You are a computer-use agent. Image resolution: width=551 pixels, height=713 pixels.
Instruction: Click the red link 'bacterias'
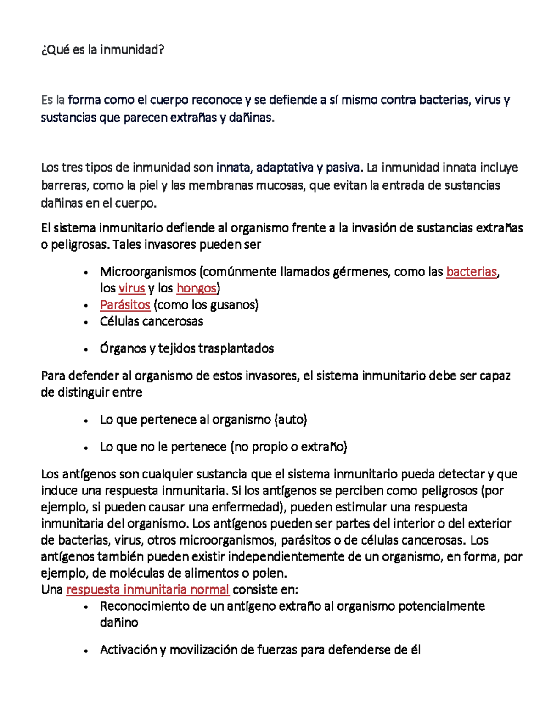point(472,272)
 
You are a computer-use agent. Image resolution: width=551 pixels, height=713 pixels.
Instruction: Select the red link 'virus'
point(132,288)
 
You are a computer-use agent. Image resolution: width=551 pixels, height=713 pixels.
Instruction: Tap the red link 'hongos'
point(196,288)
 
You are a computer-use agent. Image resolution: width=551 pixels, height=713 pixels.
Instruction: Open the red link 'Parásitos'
point(125,305)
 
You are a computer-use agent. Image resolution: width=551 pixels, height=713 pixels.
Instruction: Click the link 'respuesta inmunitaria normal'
point(147,589)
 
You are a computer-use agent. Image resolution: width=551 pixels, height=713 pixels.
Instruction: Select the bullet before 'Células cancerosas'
point(86,322)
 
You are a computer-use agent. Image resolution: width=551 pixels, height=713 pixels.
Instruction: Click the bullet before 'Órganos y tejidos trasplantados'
point(86,349)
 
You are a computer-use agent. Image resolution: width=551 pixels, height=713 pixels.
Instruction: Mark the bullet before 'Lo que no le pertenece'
point(86,448)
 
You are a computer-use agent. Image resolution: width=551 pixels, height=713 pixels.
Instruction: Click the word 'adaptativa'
point(285,168)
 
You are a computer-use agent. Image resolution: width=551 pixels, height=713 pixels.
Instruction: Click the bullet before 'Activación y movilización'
point(86,651)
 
